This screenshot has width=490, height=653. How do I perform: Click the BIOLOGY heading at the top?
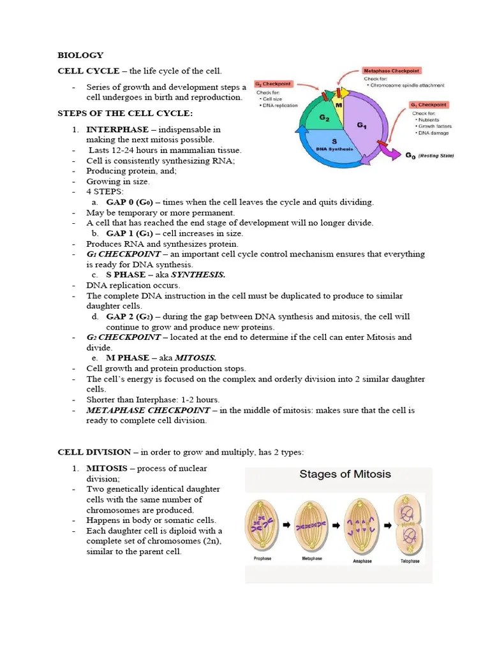pyautogui.click(x=80, y=55)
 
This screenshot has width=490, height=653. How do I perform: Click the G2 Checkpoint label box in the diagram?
pyautogui.click(x=274, y=84)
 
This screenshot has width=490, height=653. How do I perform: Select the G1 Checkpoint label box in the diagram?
pyautogui.click(x=429, y=105)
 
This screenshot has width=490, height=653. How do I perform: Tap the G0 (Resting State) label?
pyautogui.click(x=429, y=155)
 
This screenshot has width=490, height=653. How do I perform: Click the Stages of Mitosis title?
pyautogui.click(x=345, y=474)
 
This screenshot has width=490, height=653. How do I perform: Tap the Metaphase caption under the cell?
pyautogui.click(x=311, y=559)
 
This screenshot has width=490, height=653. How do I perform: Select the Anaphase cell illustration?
pyautogui.click(x=360, y=523)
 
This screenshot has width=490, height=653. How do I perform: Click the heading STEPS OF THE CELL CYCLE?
pyautogui.click(x=125, y=114)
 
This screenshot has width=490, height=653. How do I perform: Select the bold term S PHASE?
pyautogui.click(x=126, y=275)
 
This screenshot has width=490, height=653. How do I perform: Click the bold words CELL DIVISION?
pyautogui.click(x=94, y=452)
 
